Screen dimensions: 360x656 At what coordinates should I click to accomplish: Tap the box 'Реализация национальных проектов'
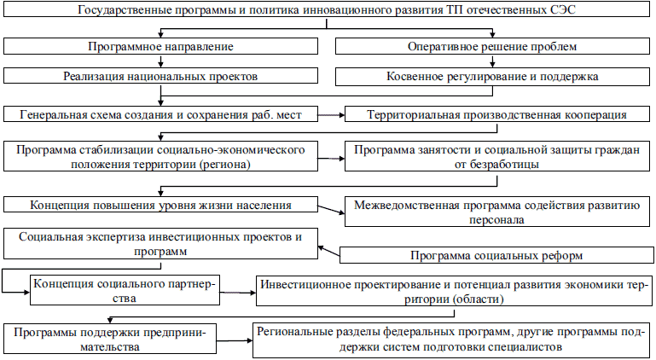(160, 76)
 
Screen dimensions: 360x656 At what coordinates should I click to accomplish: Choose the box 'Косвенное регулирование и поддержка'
(494, 76)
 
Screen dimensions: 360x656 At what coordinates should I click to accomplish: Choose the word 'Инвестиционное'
(308, 284)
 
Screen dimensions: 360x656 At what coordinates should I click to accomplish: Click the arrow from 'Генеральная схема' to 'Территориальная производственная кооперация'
(332, 113)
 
